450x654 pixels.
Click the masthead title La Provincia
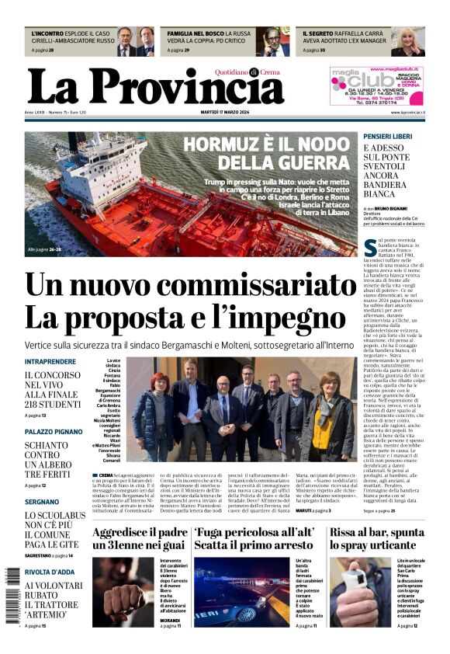155,87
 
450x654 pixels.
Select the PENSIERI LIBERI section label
393,136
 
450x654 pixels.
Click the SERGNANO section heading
43,503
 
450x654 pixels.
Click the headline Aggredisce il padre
140,533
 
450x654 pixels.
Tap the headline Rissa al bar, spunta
377,533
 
